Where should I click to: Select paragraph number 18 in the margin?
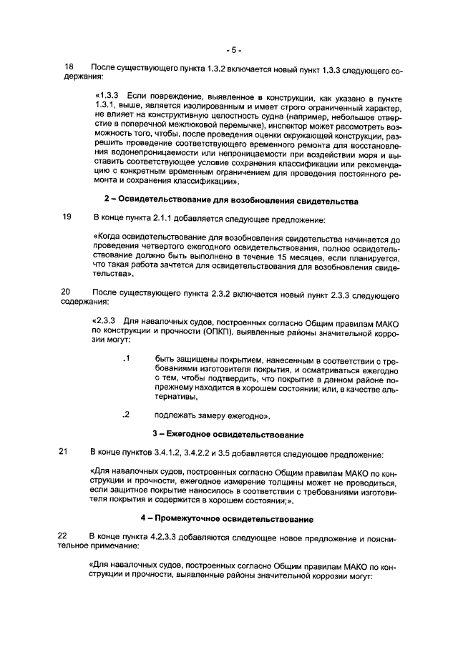[x=69, y=66]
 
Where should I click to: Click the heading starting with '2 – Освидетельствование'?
[x=231, y=199]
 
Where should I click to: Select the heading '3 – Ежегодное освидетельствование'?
[x=228, y=435]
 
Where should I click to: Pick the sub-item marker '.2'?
[x=126, y=414]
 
